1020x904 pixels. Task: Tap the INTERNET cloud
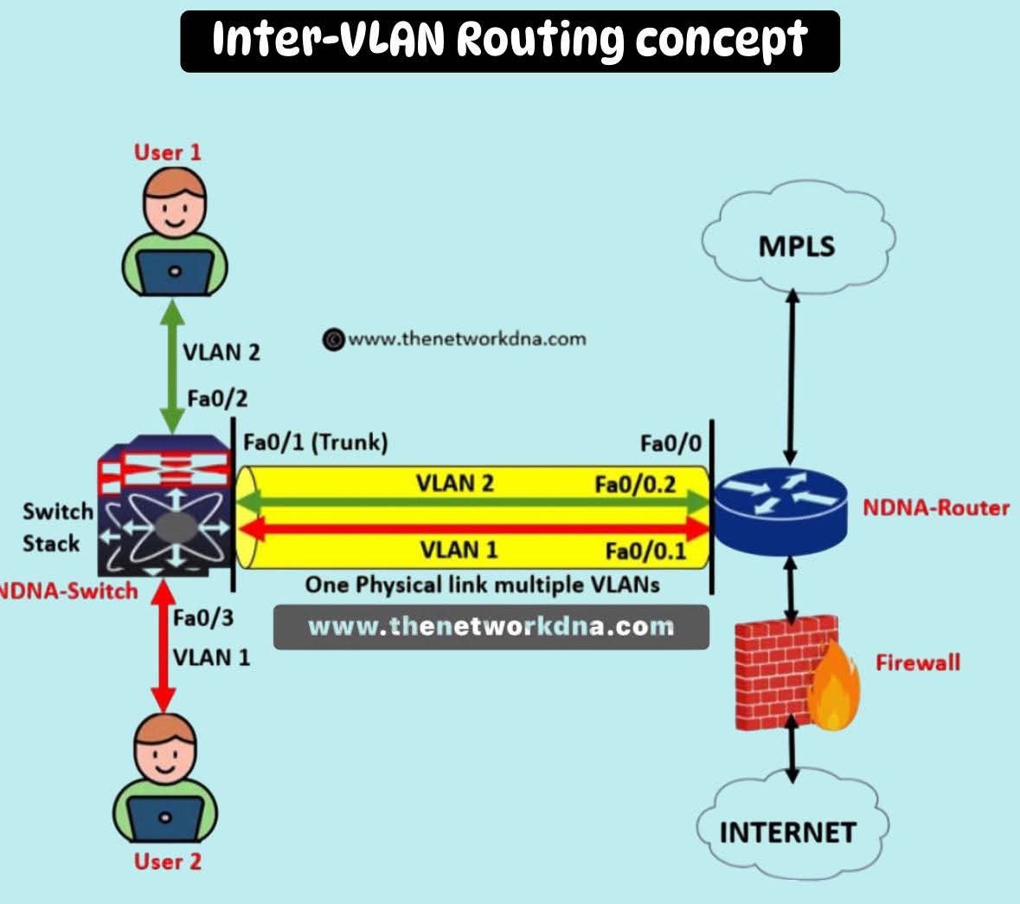787,830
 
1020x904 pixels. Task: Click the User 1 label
168,152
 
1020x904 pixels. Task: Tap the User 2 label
168,862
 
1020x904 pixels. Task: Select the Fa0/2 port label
216,399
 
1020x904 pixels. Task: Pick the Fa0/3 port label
202,618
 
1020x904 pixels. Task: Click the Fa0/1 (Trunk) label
315,442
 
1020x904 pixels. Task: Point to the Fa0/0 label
670,444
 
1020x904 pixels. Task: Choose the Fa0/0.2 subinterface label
634,484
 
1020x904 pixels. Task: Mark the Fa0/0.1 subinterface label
645,552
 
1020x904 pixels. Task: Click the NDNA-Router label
935,507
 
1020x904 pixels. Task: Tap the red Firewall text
917,662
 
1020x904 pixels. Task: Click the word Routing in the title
539,40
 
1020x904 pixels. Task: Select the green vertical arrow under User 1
173,364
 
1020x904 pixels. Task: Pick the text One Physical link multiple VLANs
482,584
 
